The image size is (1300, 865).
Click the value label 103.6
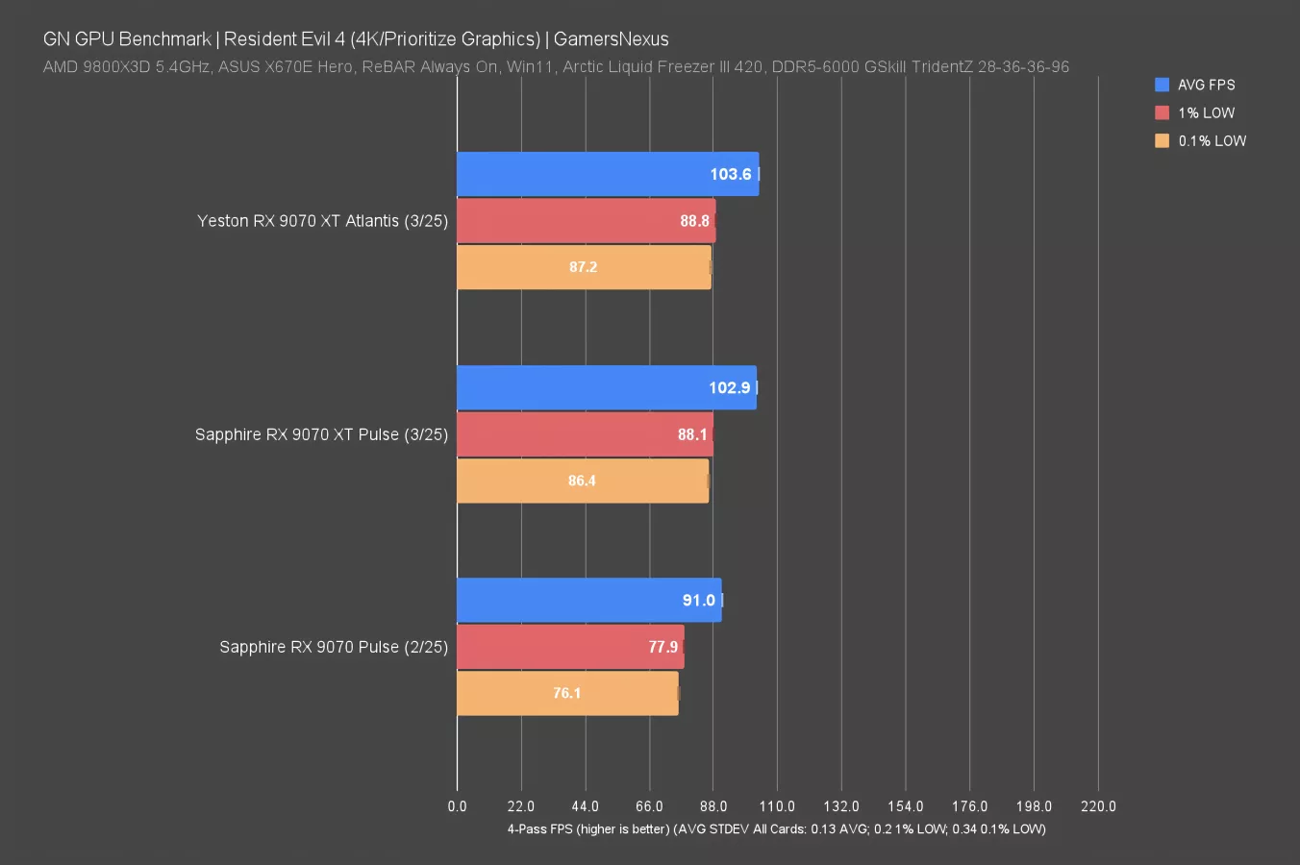pyautogui.click(x=730, y=174)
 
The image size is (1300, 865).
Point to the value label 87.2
pyautogui.click(x=583, y=267)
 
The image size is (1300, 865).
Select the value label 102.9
pyautogui.click(x=729, y=387)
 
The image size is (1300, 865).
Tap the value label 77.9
pyautogui.click(x=662, y=647)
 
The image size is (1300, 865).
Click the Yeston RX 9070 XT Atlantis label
pyautogui.click(x=322, y=221)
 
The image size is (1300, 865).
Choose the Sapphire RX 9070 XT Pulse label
pyautogui.click(x=321, y=434)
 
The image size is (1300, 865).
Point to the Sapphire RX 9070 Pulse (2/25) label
pyautogui.click(x=334, y=647)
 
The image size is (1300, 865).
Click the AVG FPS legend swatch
pyautogui.click(x=1162, y=85)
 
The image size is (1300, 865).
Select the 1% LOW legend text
pyautogui.click(x=1207, y=112)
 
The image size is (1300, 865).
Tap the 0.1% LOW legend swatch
pyautogui.click(x=1162, y=140)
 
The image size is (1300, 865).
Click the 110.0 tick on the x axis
pyautogui.click(x=777, y=806)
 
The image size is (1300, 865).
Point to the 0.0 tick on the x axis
pyautogui.click(x=457, y=806)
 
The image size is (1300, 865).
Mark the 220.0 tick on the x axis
pyautogui.click(x=1098, y=806)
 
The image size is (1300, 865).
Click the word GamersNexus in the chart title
pyautogui.click(x=611, y=39)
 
